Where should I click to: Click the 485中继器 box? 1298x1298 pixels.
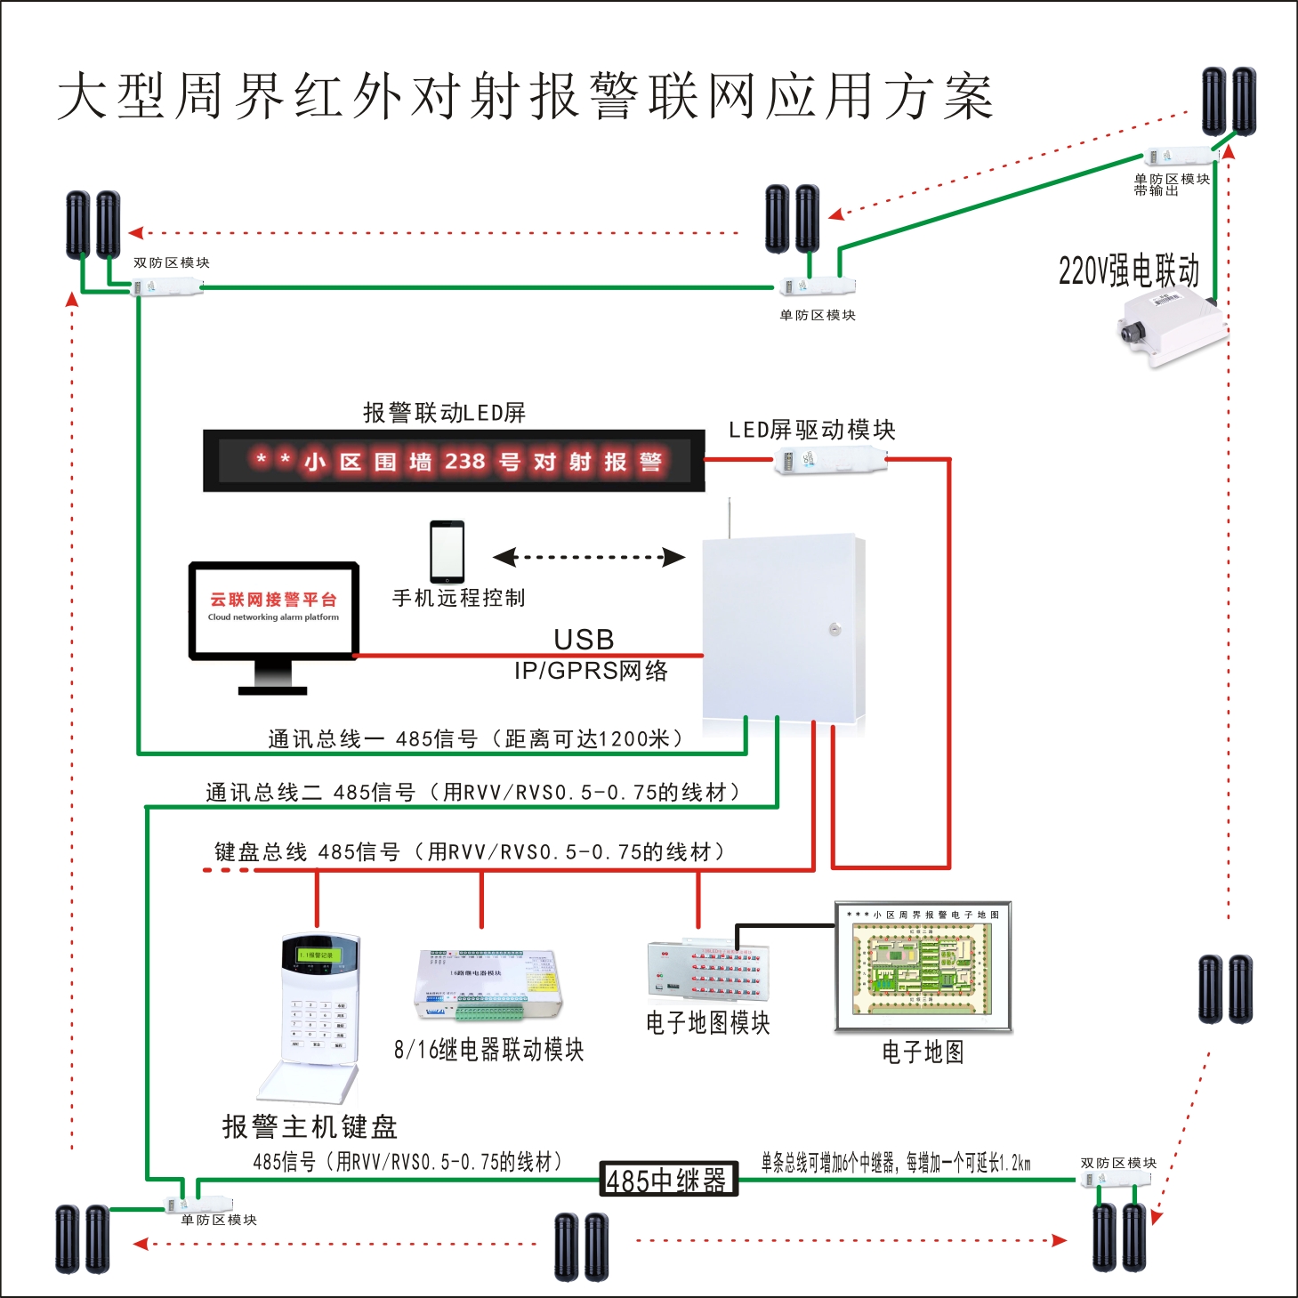click(668, 1180)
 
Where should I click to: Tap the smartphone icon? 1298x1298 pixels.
click(447, 552)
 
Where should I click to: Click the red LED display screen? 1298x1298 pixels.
click(454, 461)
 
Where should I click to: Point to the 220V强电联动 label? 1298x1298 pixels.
click(1128, 270)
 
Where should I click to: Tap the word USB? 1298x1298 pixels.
click(584, 639)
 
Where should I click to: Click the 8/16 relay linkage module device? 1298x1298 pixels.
click(488, 985)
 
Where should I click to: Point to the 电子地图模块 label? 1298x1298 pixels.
click(707, 1023)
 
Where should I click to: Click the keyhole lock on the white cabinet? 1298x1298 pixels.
click(834, 629)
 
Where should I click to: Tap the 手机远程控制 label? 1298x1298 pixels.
click(458, 598)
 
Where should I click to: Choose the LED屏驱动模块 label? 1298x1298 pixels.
click(811, 431)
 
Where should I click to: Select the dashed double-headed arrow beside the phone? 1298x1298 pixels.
click(588, 558)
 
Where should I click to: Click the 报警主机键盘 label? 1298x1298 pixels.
click(309, 1127)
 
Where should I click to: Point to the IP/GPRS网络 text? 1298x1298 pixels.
click(591, 671)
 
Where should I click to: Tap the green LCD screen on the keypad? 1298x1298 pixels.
click(314, 955)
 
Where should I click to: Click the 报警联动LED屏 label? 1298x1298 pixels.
click(444, 413)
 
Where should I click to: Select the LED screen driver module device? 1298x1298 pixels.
click(830, 461)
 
